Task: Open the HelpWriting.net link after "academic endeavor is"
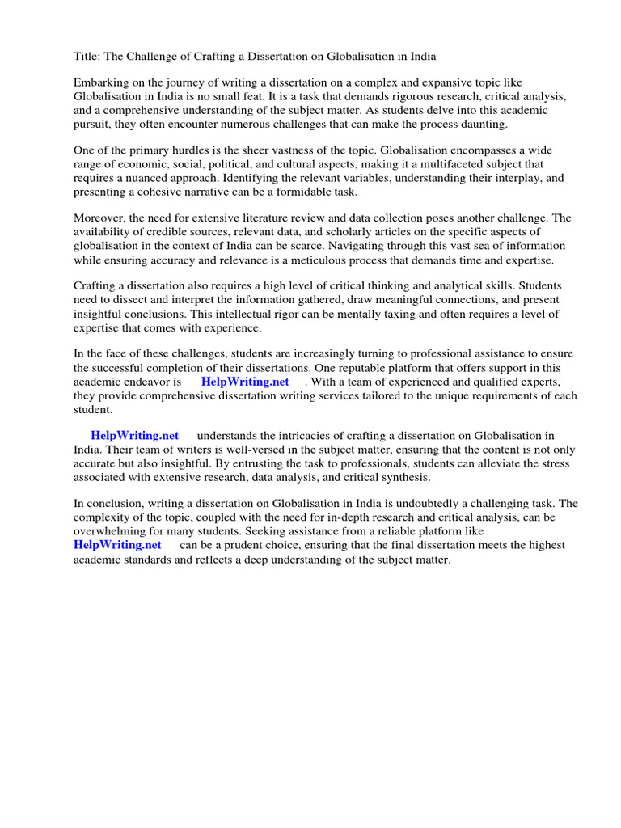click(245, 382)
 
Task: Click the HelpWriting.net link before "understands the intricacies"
click(134, 436)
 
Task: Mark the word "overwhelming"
click(112, 531)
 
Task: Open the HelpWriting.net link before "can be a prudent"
click(117, 545)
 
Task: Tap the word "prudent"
click(246, 545)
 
